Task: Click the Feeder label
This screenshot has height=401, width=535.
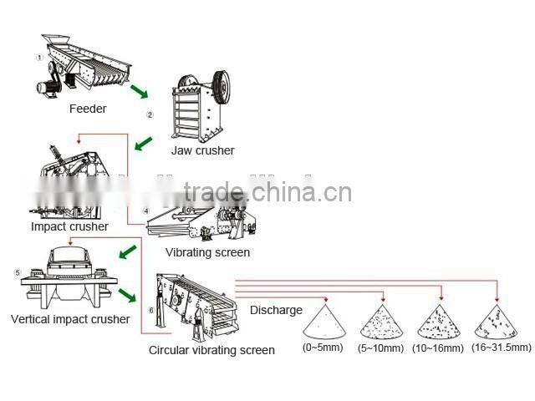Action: (88, 109)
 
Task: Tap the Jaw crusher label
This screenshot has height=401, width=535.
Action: (202, 151)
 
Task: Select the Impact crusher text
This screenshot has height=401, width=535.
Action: (69, 226)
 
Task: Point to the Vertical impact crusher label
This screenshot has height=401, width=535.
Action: (70, 319)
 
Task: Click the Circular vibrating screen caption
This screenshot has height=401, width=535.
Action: (211, 350)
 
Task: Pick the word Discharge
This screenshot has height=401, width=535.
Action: (276, 310)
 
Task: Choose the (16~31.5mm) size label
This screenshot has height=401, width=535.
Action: (501, 347)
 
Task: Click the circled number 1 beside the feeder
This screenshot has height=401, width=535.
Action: (38, 57)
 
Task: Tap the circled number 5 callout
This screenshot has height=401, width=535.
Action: (17, 272)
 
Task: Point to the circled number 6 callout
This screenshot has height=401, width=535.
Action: (150, 310)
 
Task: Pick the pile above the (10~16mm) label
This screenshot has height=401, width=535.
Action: (439, 322)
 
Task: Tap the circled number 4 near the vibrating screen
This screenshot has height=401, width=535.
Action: (146, 211)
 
